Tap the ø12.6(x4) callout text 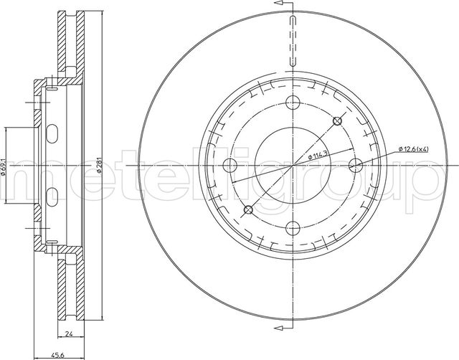click(413, 149)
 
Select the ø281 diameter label click(99, 165)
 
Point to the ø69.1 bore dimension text click(3, 167)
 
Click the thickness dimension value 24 click(69, 333)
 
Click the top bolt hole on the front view click(293, 102)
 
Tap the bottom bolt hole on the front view click(293, 228)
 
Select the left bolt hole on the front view click(229, 166)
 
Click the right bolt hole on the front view click(356, 165)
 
